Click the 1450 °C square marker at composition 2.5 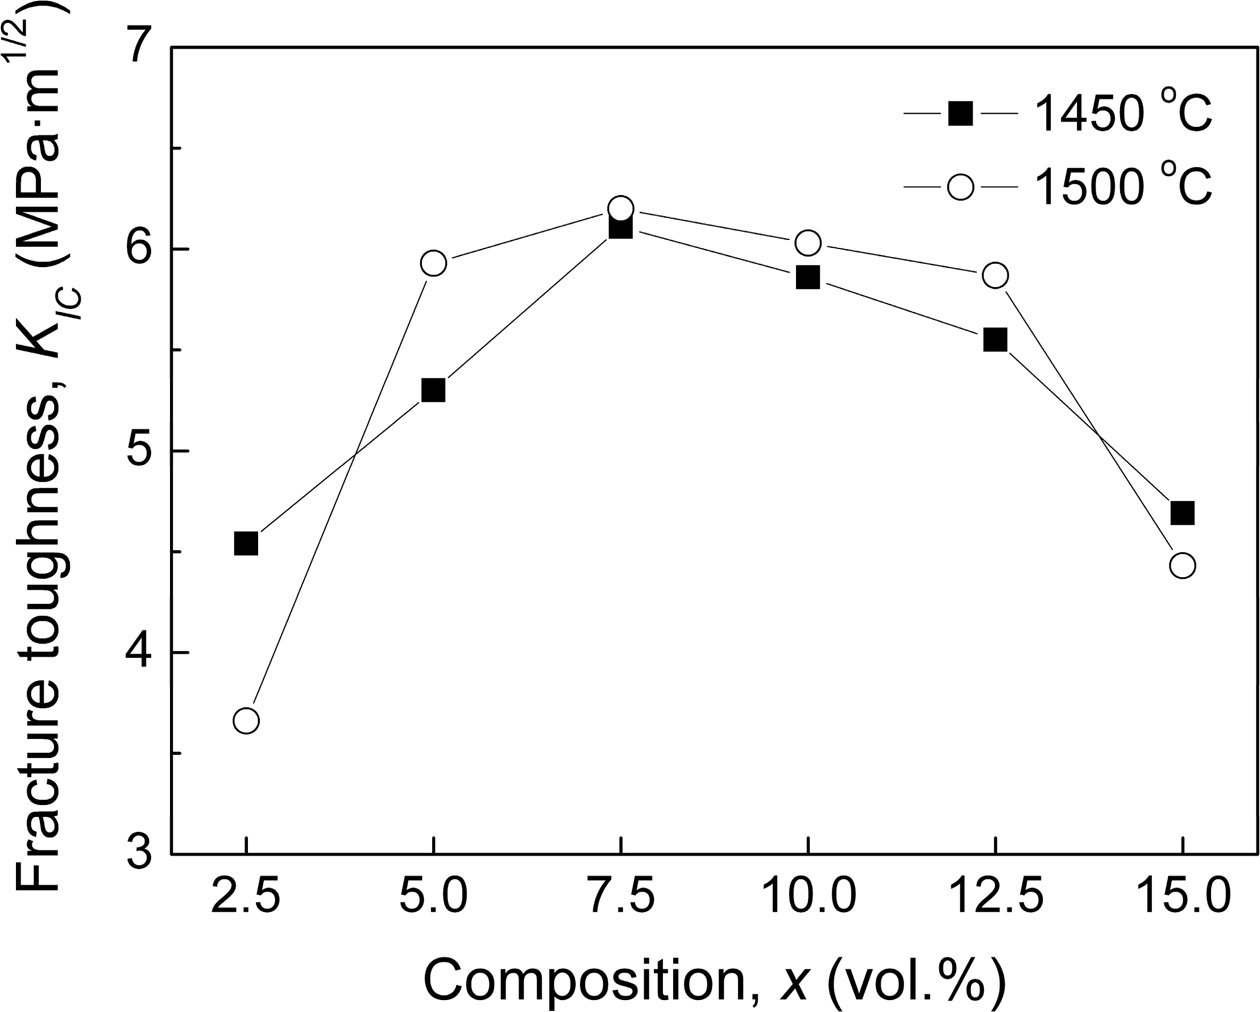pyautogui.click(x=246, y=543)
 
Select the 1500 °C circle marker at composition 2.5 pyautogui.click(x=246, y=720)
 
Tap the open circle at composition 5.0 pyautogui.click(x=433, y=263)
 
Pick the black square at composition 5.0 pyautogui.click(x=433, y=390)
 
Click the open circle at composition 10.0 pyautogui.click(x=808, y=243)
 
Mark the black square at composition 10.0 pyautogui.click(x=808, y=277)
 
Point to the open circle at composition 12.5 pyautogui.click(x=995, y=275)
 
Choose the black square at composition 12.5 pyautogui.click(x=995, y=340)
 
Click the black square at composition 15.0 pyautogui.click(x=1182, y=513)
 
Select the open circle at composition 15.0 pyautogui.click(x=1182, y=565)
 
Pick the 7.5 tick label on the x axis pyautogui.click(x=620, y=897)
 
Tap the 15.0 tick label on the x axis pyautogui.click(x=1182, y=897)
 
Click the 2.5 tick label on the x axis pyautogui.click(x=246, y=897)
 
